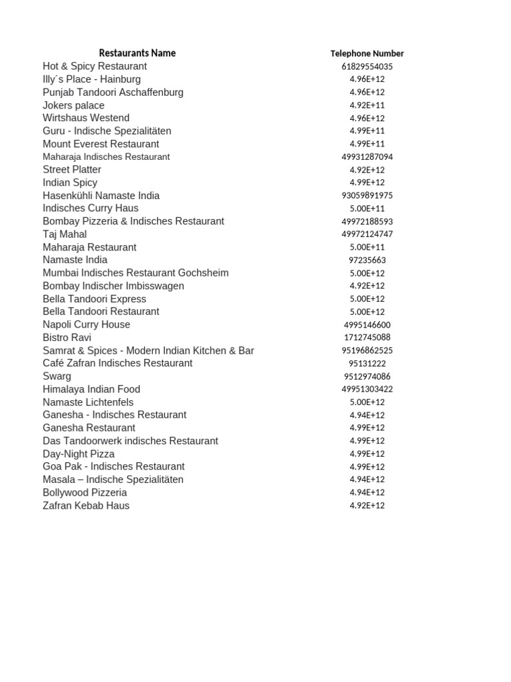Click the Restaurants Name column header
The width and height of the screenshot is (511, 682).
137,53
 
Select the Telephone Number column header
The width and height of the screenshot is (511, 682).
367,54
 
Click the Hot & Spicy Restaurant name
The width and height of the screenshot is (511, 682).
94,67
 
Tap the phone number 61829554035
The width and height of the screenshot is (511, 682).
367,67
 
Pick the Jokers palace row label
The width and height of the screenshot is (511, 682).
73,105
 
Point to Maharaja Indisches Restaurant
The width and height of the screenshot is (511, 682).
106,157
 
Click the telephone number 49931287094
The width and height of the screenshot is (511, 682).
367,157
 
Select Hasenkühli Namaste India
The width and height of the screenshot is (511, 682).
101,196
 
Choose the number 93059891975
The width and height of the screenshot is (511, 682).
367,196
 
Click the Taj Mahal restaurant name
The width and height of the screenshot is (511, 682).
65,234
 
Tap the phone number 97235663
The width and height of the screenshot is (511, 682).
367,260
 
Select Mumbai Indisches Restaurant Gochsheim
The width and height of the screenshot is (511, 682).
135,273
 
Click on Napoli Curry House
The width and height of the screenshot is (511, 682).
86,325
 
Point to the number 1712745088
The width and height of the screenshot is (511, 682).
367,338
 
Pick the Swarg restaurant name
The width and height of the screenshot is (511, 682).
57,376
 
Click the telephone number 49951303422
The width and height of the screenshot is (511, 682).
367,390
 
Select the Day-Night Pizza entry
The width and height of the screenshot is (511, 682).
79,454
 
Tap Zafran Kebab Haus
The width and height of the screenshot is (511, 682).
86,506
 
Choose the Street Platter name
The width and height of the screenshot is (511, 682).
72,170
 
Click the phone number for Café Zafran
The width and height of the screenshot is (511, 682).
367,364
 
